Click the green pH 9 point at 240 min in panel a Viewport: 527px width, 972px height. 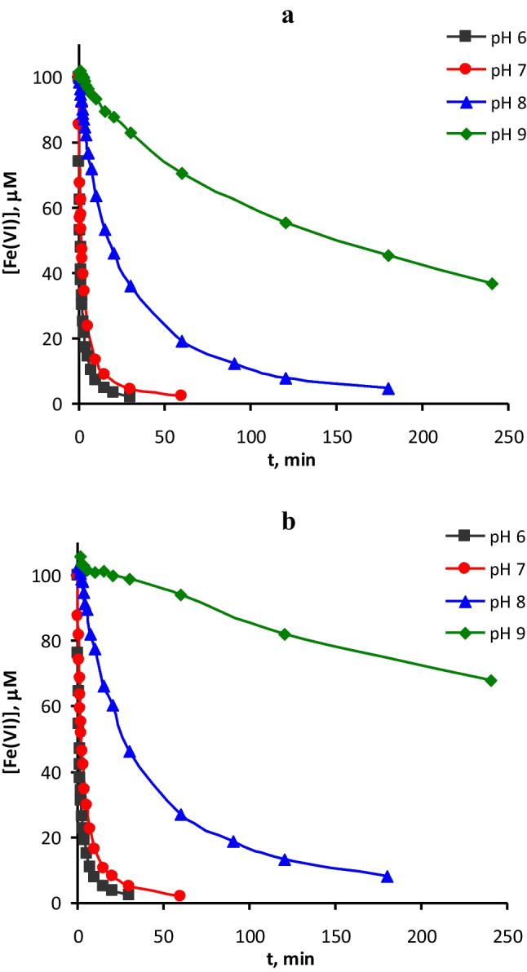pyautogui.click(x=492, y=284)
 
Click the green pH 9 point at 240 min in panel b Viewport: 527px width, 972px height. pyautogui.click(x=491, y=680)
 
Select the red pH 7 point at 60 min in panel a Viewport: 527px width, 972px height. pyautogui.click(x=181, y=395)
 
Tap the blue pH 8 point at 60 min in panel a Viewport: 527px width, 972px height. pyautogui.click(x=182, y=342)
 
